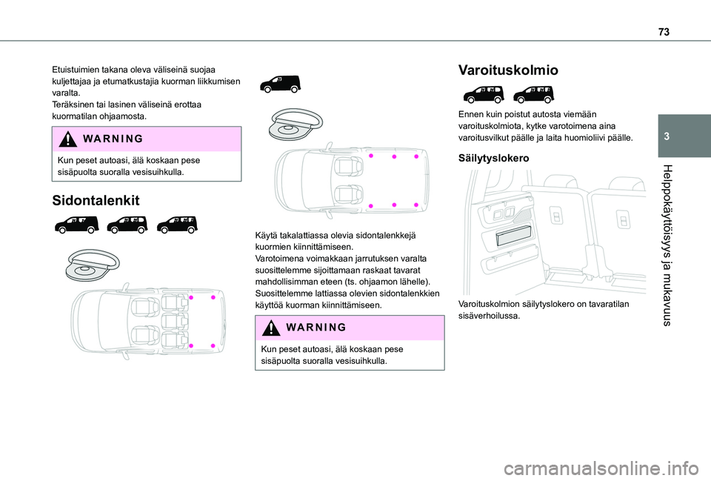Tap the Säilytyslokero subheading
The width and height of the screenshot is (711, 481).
(x=493, y=158)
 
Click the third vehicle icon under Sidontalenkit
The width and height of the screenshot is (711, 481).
(x=177, y=224)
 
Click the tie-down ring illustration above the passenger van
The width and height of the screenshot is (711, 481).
(x=93, y=265)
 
